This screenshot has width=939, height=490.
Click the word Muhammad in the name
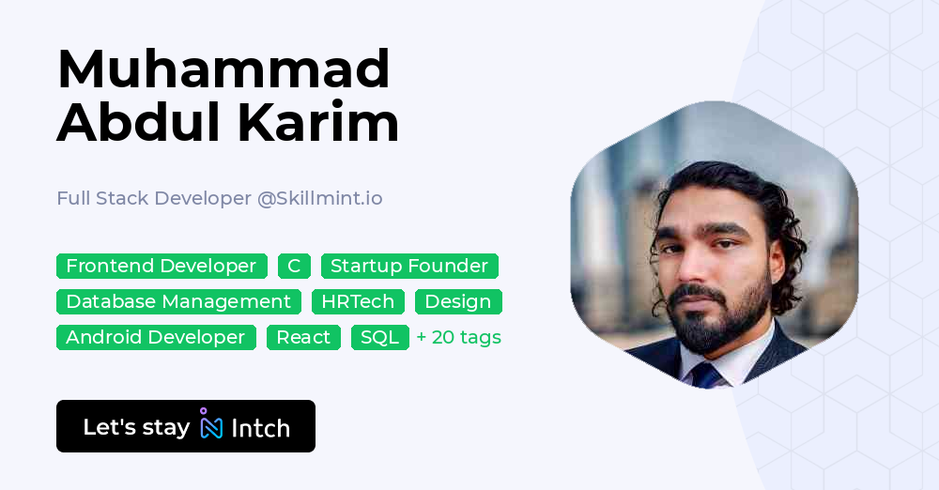tap(223, 69)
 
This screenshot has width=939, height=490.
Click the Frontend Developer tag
tap(162, 267)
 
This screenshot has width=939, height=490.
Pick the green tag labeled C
tap(294, 267)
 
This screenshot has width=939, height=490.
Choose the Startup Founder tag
tap(409, 267)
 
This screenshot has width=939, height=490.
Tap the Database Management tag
tap(178, 302)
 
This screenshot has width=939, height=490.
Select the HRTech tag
tap(358, 302)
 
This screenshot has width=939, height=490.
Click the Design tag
tap(458, 302)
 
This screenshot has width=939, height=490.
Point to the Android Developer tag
tap(156, 338)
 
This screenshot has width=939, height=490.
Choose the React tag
tap(303, 338)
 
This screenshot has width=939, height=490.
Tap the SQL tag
tap(380, 338)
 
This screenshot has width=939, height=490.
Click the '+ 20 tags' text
tap(459, 338)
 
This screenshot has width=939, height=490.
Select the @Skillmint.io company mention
tap(320, 199)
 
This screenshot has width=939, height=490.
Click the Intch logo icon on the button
tap(211, 425)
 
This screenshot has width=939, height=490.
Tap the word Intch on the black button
tap(260, 428)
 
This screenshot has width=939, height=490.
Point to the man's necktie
tap(704, 375)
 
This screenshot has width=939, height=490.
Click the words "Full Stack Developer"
tap(154, 199)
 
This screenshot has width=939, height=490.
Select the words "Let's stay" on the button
tap(136, 428)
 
